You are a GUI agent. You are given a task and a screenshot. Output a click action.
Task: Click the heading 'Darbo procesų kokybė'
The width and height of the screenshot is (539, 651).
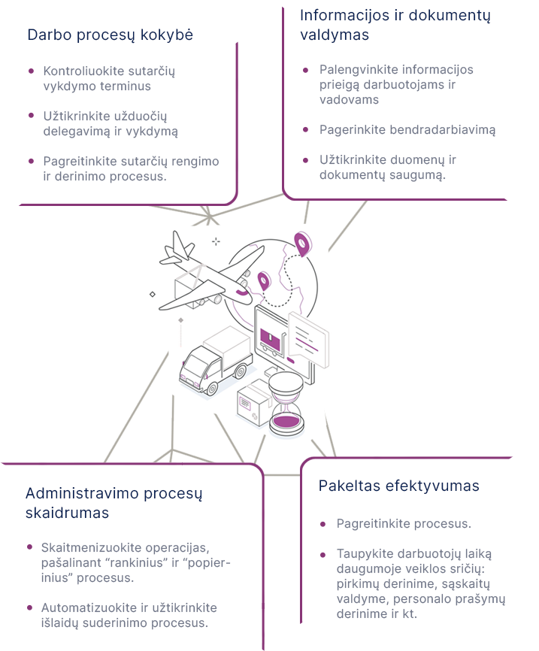click(x=110, y=35)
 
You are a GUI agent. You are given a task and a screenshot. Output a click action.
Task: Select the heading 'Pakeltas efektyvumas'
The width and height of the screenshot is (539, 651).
click(x=398, y=486)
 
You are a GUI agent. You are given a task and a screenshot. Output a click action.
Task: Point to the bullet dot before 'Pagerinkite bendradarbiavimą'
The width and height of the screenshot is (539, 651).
click(x=306, y=129)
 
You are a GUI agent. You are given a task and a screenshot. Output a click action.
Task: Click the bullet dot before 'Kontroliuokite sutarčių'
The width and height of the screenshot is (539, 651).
click(x=31, y=71)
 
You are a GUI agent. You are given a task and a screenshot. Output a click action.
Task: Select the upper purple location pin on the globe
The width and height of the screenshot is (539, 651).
click(x=302, y=243)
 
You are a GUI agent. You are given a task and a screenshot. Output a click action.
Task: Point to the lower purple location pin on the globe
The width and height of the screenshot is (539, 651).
click(x=263, y=281)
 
